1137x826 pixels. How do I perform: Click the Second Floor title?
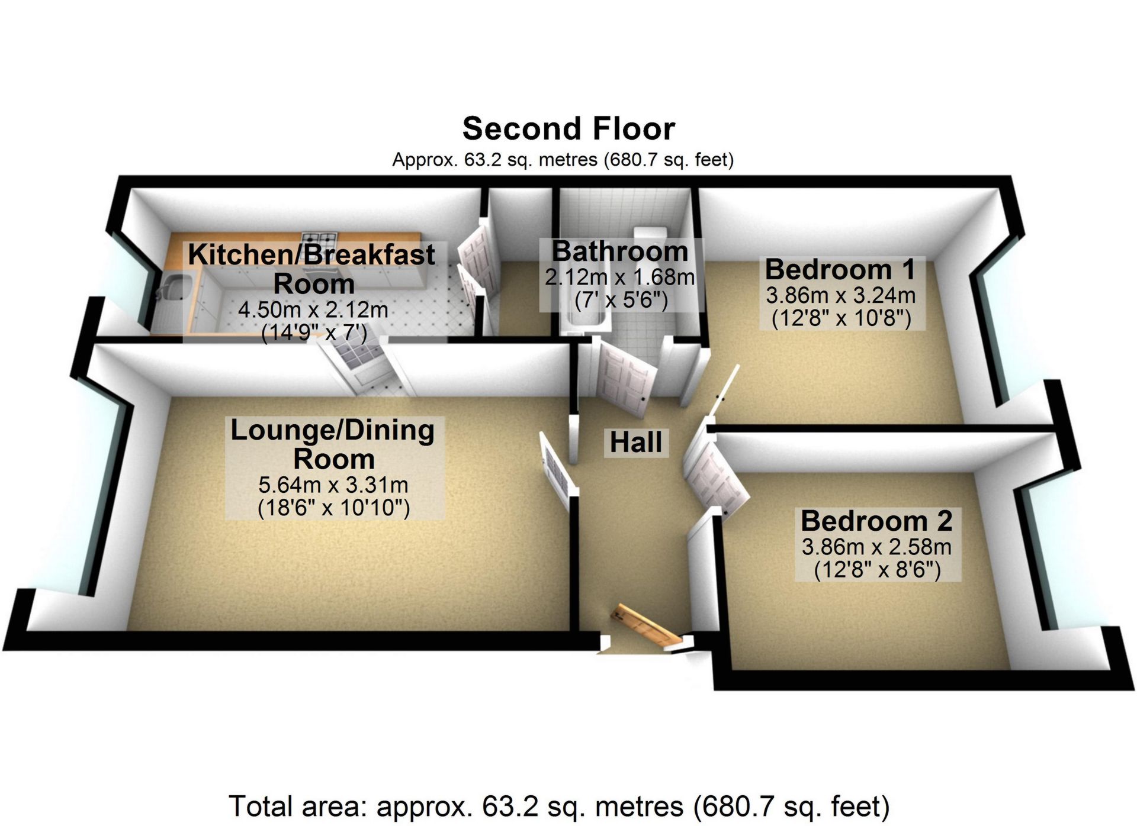pyautogui.click(x=568, y=129)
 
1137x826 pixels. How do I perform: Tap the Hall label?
pyautogui.click(x=636, y=443)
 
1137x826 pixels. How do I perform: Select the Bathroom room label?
pyautogui.click(x=620, y=251)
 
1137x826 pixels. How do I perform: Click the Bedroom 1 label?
pyautogui.click(x=840, y=270)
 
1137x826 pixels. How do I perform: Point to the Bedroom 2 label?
pyautogui.click(x=876, y=521)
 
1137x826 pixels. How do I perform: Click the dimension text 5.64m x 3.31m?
pyautogui.click(x=333, y=485)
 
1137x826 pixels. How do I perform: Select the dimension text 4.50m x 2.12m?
pyautogui.click(x=313, y=309)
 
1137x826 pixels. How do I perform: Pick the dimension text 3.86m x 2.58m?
pyautogui.click(x=876, y=547)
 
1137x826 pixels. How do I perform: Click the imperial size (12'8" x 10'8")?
pyautogui.click(x=841, y=319)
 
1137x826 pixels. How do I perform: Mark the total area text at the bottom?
pyautogui.click(x=559, y=806)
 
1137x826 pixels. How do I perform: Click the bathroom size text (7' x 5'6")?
pyautogui.click(x=621, y=301)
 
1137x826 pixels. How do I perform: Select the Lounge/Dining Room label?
pyautogui.click(x=333, y=444)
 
